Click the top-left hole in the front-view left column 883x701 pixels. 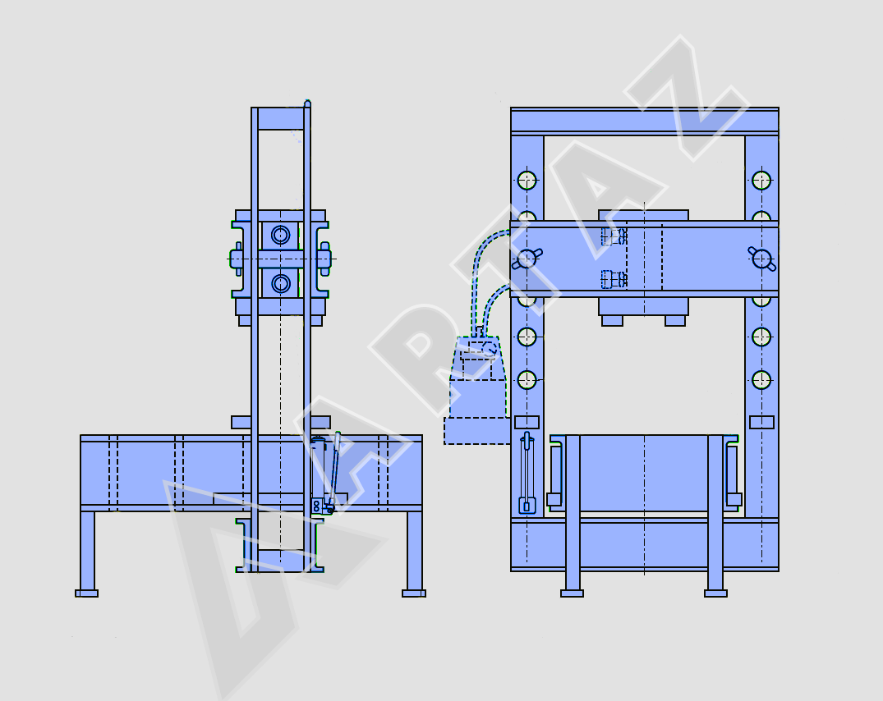pyautogui.click(x=527, y=181)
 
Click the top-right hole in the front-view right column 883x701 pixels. pyautogui.click(x=761, y=181)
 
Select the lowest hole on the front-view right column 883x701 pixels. pyautogui.click(x=761, y=380)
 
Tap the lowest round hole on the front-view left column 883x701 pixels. pyautogui.click(x=527, y=380)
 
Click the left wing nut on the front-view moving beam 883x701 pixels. pyautogui.click(x=527, y=259)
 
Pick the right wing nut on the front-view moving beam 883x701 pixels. pyautogui.click(x=762, y=259)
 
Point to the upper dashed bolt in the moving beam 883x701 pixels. pyautogui.click(x=614, y=236)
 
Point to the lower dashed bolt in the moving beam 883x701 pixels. pyautogui.click(x=614, y=279)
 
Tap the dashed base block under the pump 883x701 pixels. pyautogui.click(x=477, y=430)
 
